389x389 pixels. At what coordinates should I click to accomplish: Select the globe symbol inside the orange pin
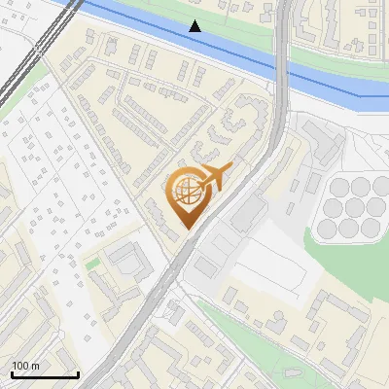[184, 192]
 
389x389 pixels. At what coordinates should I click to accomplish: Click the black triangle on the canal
[195, 26]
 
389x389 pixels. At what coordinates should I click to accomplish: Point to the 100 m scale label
[25, 365]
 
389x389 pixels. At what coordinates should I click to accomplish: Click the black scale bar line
[45, 374]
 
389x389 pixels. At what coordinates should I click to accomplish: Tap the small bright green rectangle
[92, 263]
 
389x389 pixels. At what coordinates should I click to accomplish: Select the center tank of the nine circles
[351, 207]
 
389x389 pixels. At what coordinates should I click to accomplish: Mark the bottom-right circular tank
[371, 229]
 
